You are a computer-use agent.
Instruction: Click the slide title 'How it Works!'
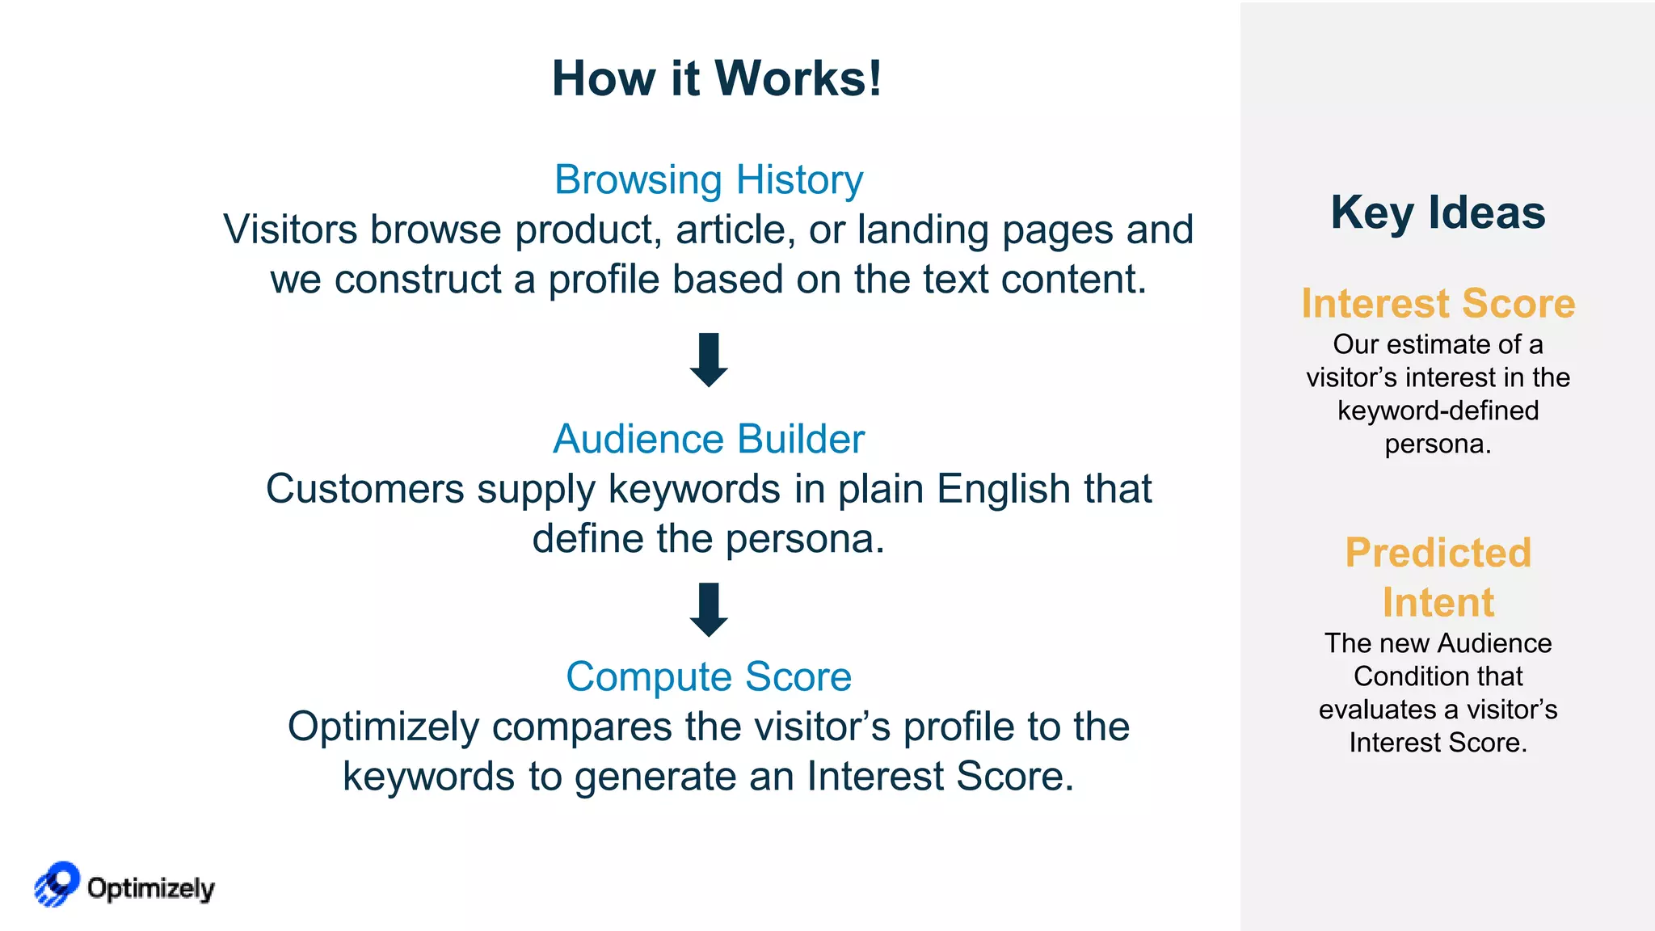716,78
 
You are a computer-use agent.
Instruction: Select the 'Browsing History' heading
709,179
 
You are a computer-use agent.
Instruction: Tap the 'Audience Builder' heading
709,439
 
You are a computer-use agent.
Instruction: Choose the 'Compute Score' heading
709,676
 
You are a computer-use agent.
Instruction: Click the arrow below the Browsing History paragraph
709,360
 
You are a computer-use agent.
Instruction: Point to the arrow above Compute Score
709,609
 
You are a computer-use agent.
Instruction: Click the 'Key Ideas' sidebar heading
1438,213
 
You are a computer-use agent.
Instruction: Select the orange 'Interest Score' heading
1438,303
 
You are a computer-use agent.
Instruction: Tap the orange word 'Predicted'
1438,553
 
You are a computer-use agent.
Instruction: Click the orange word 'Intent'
1438,602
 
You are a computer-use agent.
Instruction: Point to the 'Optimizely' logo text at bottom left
151,888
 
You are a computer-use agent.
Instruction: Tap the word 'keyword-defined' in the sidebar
1438,411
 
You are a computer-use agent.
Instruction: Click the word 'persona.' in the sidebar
1438,444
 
